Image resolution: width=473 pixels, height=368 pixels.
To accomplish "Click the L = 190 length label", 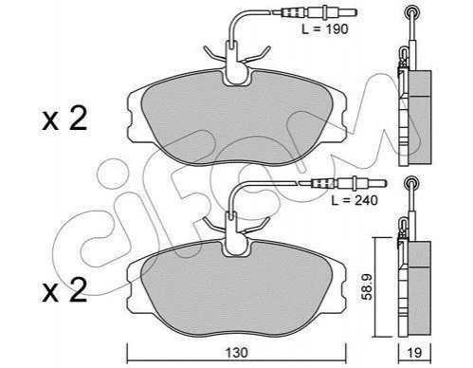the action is [325, 29].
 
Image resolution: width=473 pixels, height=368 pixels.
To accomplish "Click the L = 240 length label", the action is [355, 200].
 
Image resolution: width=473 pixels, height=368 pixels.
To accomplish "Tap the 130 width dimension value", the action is [237, 352].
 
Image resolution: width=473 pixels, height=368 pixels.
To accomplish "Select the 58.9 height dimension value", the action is [368, 286].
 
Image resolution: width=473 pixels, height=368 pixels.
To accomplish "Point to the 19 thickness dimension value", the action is [414, 353].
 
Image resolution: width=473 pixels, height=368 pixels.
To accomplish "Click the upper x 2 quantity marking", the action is [64, 120].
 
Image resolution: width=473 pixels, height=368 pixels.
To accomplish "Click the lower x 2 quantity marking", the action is [64, 289].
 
